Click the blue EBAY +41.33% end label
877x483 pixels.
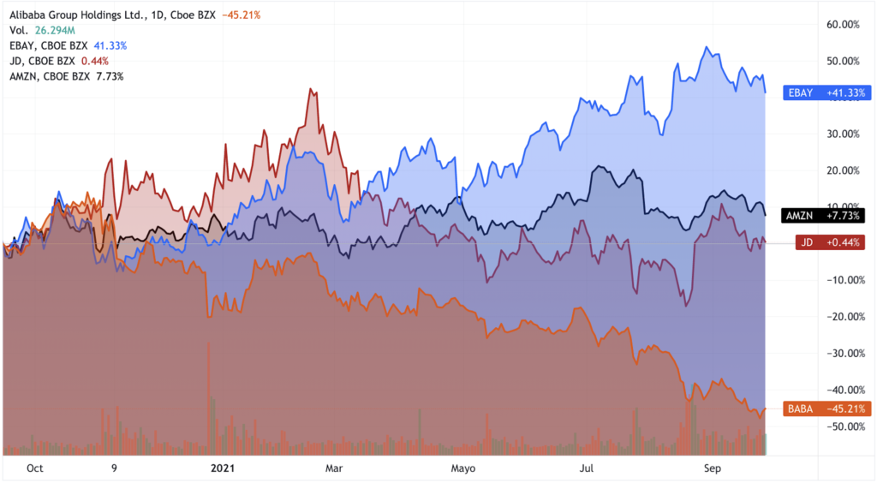(x=827, y=92)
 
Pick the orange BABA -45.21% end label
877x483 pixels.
(x=827, y=408)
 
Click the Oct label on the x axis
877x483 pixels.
(x=35, y=468)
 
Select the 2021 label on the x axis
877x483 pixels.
(x=223, y=468)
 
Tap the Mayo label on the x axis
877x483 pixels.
(x=462, y=468)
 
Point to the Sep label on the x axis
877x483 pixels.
(x=713, y=468)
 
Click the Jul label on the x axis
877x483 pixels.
(x=587, y=468)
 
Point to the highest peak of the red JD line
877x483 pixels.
(x=311, y=88)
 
